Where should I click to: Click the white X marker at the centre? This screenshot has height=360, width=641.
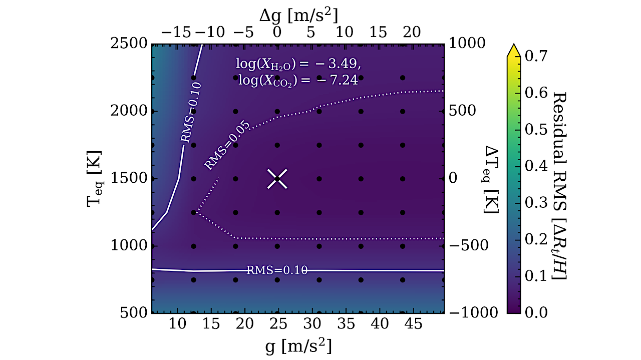277,179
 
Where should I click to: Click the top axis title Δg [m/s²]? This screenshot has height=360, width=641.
297,13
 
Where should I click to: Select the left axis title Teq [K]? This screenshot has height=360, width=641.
95,179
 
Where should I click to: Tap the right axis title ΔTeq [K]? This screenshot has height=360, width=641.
490,179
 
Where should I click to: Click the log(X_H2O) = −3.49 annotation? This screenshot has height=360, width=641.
297,64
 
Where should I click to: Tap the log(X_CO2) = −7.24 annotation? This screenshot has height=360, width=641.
297,80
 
